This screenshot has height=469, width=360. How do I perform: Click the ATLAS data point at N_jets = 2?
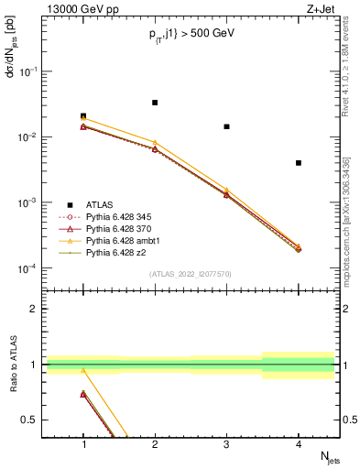tap(155, 103)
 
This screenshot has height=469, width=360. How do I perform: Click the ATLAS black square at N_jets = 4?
tap(299, 163)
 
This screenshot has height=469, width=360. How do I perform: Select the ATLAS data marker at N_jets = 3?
tap(226, 126)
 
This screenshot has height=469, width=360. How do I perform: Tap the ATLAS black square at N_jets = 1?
tap(83, 116)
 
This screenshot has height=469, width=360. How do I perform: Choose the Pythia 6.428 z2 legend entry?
tap(109, 251)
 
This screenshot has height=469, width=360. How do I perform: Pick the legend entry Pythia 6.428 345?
tap(112, 215)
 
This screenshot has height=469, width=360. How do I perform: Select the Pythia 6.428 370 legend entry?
tap(112, 227)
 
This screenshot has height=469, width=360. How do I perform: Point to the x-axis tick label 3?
tap(226, 445)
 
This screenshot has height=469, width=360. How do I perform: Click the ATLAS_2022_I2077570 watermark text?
tap(191, 273)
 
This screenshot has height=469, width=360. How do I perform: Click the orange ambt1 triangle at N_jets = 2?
tap(155, 142)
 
